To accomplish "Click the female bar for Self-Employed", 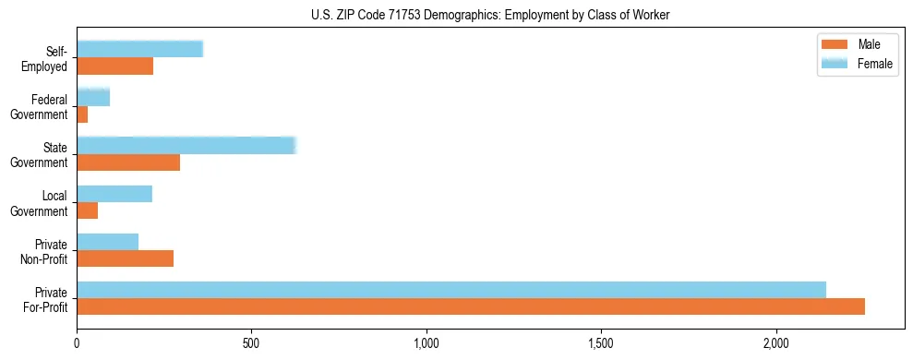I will [x=139, y=50].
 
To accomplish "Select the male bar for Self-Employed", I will [x=114, y=66].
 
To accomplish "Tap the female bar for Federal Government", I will [x=93, y=98].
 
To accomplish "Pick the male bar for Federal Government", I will [x=82, y=114].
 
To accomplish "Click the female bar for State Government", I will [x=186, y=146].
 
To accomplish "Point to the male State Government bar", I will [x=128, y=162].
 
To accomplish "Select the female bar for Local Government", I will [x=114, y=194].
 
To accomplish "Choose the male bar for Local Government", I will [x=87, y=210].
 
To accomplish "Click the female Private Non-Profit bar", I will [x=107, y=242].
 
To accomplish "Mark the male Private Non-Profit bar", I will [x=125, y=258].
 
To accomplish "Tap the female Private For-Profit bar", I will [x=450, y=290].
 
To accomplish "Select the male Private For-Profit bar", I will [x=470, y=306].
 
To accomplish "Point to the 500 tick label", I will [x=251, y=343].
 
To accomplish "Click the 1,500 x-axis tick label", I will [x=601, y=343].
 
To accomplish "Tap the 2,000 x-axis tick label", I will [x=776, y=343].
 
